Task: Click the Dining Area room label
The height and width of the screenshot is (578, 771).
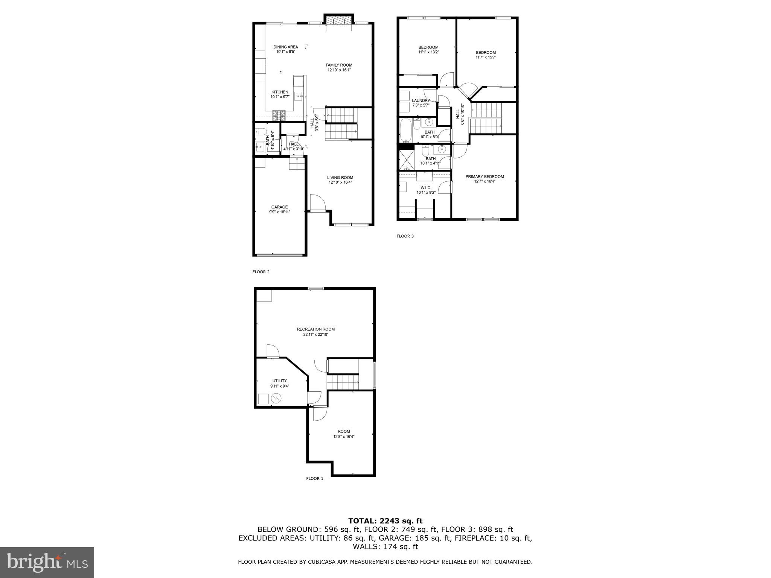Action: (x=285, y=47)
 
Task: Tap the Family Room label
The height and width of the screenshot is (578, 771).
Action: (x=339, y=65)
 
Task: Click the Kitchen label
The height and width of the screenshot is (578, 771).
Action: (x=280, y=92)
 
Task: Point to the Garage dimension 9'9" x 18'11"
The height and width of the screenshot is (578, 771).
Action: (x=279, y=212)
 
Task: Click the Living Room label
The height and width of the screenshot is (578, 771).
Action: (x=340, y=178)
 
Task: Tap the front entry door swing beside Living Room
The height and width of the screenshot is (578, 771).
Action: (x=317, y=203)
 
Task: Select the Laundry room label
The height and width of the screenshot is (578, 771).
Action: (x=421, y=100)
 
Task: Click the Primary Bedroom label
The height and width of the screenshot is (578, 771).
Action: (x=484, y=176)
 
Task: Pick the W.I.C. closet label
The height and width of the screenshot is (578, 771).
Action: (x=426, y=188)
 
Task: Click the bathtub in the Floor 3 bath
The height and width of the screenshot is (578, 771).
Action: (x=406, y=130)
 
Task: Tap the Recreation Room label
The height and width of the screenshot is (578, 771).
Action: (x=315, y=329)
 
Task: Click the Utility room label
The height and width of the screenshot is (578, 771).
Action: (x=279, y=381)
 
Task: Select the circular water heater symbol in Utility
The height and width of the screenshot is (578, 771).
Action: (x=276, y=399)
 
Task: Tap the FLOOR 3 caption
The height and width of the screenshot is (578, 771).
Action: (x=405, y=236)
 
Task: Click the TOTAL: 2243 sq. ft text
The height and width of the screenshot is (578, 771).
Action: (x=385, y=521)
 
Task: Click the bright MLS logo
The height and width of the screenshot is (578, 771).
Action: (x=47, y=563)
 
